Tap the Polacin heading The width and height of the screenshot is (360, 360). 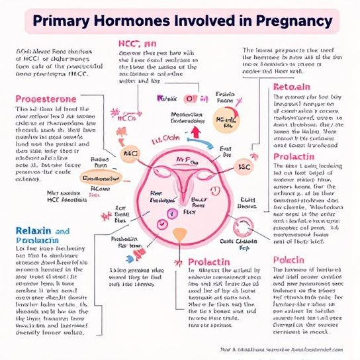[x=289, y=259]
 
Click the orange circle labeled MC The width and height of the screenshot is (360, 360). [x=128, y=154]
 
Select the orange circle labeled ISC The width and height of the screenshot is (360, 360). [x=244, y=167]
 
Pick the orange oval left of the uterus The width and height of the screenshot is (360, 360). [x=100, y=178]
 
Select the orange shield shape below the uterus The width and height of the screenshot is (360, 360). [x=179, y=234]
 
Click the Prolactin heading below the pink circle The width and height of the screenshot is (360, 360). [x=209, y=262]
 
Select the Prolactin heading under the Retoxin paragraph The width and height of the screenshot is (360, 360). [x=298, y=157]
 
